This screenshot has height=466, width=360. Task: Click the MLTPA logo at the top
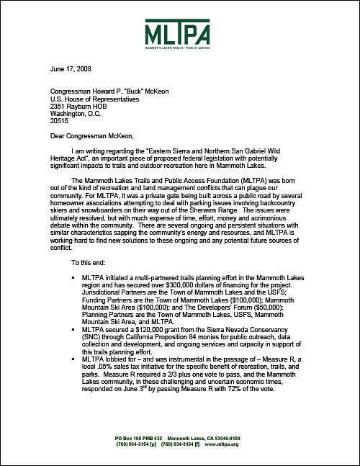click(180, 33)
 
